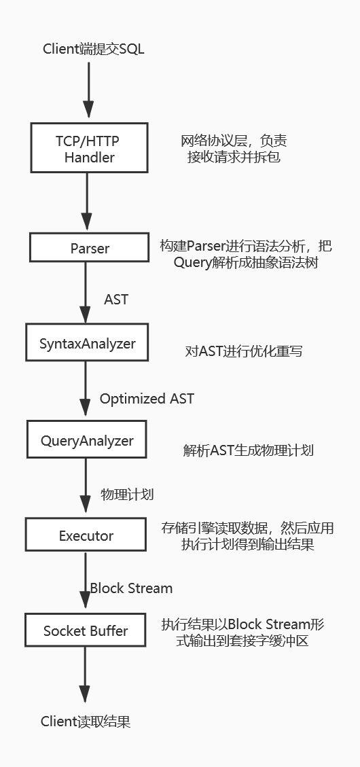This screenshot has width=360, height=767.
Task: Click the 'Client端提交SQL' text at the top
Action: click(x=94, y=50)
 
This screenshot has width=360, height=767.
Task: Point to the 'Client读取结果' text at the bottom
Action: click(x=86, y=721)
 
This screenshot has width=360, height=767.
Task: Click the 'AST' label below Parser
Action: click(x=116, y=300)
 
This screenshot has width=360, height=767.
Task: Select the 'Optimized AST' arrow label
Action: click(x=147, y=399)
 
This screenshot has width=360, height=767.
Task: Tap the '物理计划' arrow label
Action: click(x=127, y=494)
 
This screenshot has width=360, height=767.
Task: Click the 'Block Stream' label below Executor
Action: click(x=131, y=588)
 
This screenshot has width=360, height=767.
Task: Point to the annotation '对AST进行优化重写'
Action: click(x=244, y=351)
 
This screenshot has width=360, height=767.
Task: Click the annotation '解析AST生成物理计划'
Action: click(x=249, y=450)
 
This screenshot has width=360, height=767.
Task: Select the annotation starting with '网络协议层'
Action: click(x=234, y=149)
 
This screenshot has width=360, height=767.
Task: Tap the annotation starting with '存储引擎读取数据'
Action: click(x=247, y=535)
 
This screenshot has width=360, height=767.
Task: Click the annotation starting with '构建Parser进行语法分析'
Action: click(x=246, y=254)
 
